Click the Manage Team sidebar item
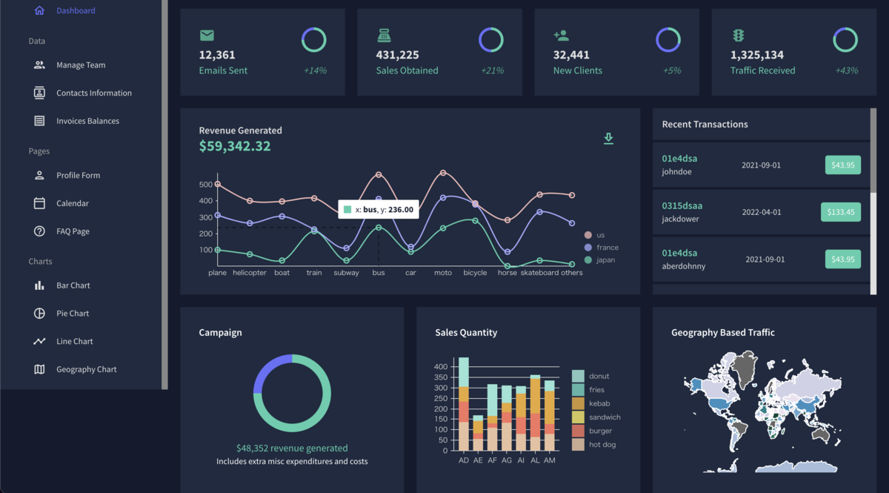pos(80,65)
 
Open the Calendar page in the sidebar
pos(72,203)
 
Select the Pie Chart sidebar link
pos(72,314)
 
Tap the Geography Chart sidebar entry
pos(86,369)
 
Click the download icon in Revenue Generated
pos(608,139)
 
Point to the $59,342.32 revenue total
pos(235,147)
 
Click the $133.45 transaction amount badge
pos(841,212)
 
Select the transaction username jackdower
pos(680,219)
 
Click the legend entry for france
pos(607,248)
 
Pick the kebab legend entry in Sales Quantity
pos(599,403)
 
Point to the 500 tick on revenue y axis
pos(205,185)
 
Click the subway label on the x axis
pos(346,273)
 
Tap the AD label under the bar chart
pos(464,460)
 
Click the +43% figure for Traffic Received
pos(846,70)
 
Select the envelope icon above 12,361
pos(207,36)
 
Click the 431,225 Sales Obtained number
pos(397,55)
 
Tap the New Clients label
pos(577,70)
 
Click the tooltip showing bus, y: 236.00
pos(378,210)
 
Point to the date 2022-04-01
pos(762,212)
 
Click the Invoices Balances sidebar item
pos(87,121)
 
